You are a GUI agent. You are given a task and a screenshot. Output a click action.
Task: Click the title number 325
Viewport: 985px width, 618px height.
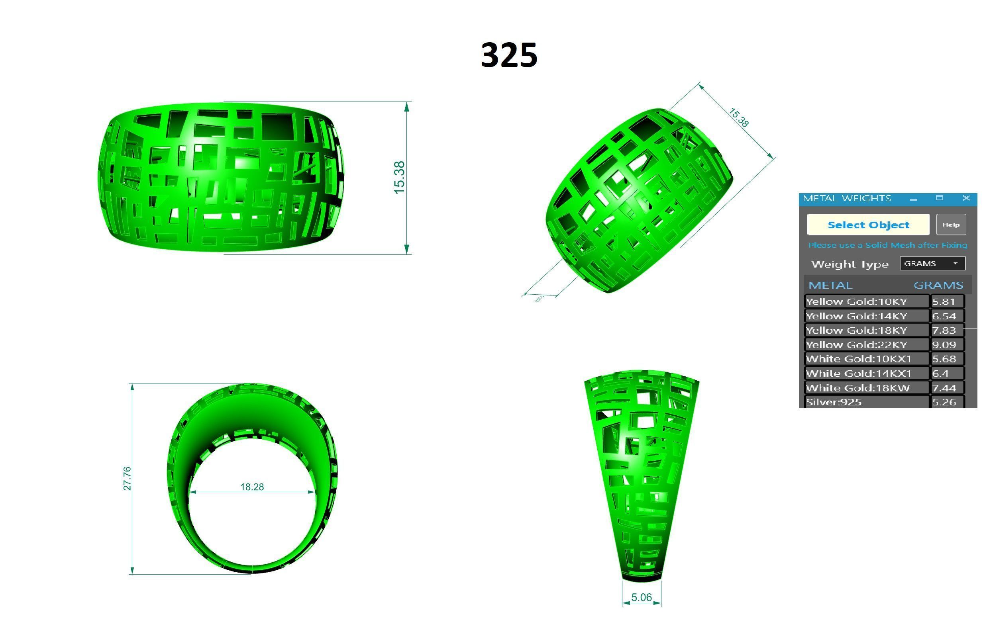[x=509, y=55]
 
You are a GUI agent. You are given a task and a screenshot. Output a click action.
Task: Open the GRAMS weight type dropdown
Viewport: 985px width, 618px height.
[x=932, y=264]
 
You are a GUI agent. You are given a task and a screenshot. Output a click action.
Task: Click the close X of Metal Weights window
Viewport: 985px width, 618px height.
[x=966, y=198]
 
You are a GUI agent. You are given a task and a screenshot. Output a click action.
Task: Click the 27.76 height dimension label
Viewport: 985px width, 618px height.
[x=127, y=478]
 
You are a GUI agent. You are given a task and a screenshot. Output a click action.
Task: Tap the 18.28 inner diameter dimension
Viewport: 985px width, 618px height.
[x=252, y=487]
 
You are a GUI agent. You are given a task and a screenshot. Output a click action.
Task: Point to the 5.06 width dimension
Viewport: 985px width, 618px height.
[x=641, y=598]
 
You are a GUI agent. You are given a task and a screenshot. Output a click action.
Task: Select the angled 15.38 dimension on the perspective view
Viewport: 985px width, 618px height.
[x=738, y=118]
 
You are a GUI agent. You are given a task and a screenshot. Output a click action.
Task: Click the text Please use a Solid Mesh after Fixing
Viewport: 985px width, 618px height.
[x=887, y=245]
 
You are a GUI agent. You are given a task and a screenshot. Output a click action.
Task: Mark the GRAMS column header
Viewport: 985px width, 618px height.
[x=938, y=285]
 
